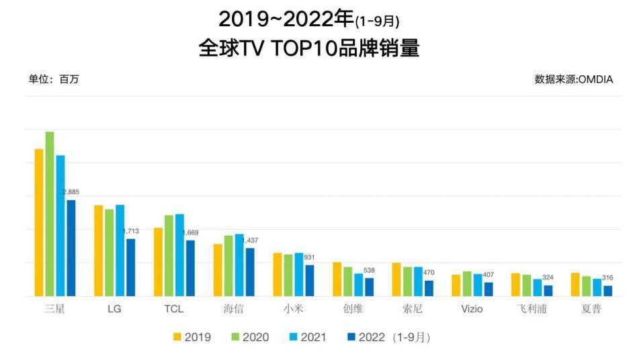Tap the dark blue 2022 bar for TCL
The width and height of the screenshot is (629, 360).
tap(190, 268)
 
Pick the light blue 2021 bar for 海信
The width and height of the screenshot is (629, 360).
tap(239, 265)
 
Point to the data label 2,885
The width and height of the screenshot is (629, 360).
tap(71, 193)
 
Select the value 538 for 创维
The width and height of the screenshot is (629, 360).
tap(369, 271)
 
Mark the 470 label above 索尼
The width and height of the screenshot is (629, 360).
tap(429, 273)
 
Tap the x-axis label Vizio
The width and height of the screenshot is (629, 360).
tap(472, 310)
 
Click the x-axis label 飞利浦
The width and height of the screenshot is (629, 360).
tap(532, 310)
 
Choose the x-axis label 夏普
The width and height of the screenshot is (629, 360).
tap(591, 310)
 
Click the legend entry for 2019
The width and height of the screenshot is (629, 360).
tap(192, 337)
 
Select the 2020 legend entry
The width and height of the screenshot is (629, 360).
tap(249, 337)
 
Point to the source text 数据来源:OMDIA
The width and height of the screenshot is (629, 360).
tap(573, 79)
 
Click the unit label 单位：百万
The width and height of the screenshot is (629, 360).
tap(53, 79)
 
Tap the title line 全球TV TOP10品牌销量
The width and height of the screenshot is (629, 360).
tap(309, 48)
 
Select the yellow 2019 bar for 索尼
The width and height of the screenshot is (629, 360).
tap(396, 279)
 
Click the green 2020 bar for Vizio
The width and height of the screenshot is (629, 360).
tap(467, 283)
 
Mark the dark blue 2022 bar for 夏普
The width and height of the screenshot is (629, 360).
tap(608, 291)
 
